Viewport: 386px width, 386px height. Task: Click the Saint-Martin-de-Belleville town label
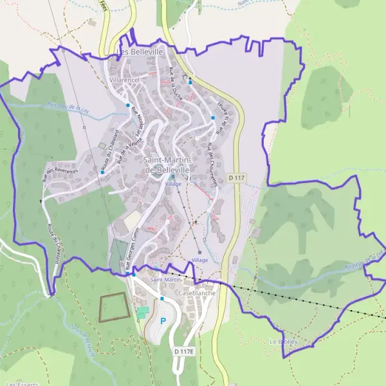coord(161,165)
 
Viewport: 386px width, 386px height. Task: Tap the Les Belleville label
coord(140,51)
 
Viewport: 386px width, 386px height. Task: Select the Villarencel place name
coord(124,79)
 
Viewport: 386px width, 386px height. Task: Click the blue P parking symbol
coord(163,321)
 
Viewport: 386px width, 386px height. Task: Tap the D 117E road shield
coord(183,351)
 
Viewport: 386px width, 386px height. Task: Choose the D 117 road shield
coord(237,177)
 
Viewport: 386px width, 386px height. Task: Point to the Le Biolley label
coord(282,341)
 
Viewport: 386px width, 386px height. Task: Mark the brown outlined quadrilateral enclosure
coord(113,307)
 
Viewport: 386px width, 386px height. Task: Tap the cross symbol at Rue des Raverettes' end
coord(41,201)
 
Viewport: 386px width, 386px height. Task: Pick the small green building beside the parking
coord(142,311)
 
